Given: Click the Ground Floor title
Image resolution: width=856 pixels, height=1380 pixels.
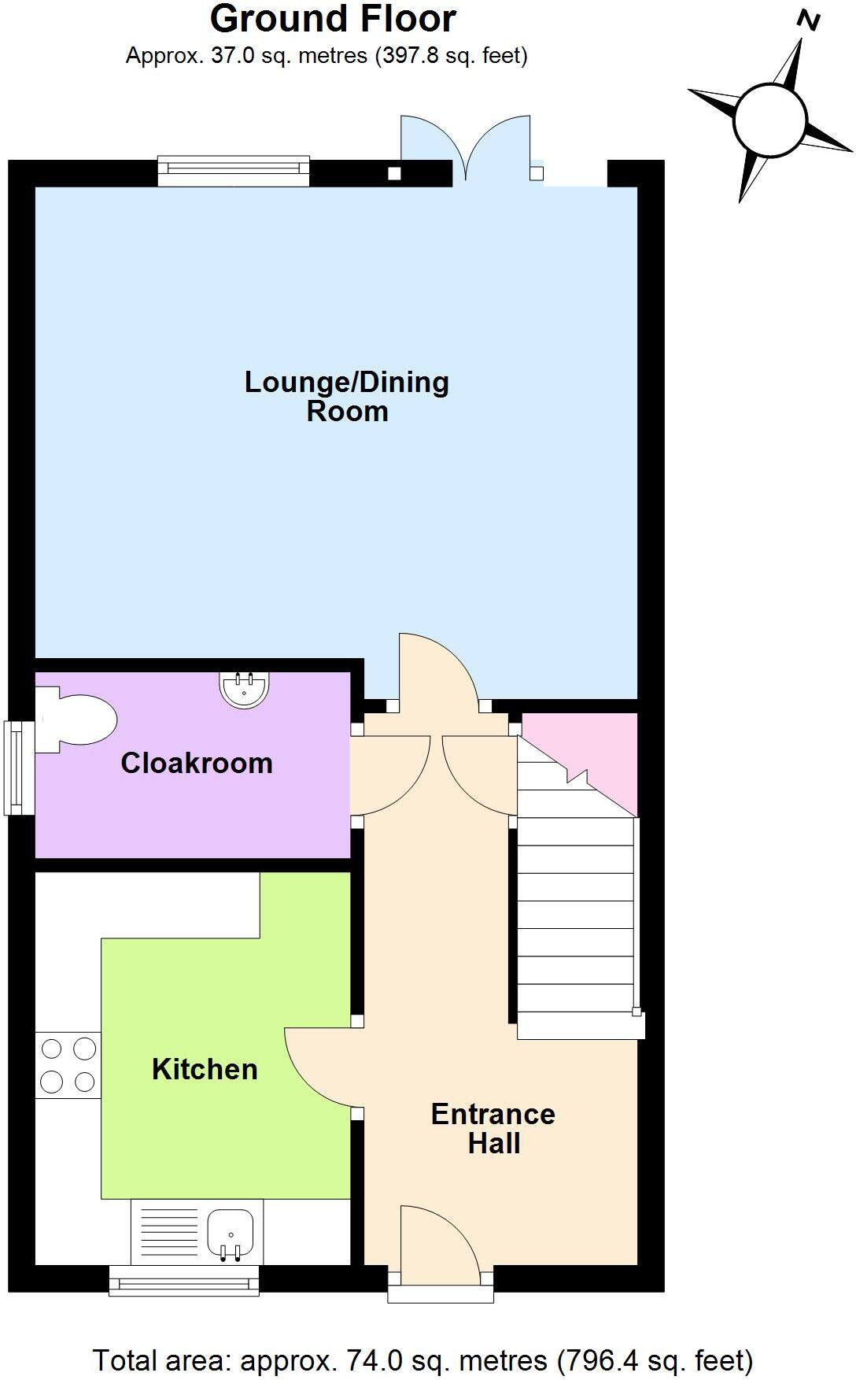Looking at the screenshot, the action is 333,19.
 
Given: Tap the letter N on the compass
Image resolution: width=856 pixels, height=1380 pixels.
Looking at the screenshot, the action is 808,20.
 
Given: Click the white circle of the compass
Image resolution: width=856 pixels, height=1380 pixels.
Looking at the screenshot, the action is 770,121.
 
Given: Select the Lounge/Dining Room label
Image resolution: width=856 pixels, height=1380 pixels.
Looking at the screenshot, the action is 347,396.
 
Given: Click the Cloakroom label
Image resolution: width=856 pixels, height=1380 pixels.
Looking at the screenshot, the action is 197,763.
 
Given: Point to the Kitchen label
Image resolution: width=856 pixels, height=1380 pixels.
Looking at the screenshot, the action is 205,1069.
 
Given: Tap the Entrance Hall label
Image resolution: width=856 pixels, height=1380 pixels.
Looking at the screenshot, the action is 493,1128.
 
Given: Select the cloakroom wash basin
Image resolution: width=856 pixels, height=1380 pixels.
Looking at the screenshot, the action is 244,688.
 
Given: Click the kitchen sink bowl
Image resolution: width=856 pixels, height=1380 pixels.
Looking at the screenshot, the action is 230,1233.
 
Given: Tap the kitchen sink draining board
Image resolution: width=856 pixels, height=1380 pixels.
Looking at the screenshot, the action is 169,1234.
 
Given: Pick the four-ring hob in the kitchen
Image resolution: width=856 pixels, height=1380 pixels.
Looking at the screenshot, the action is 68,1065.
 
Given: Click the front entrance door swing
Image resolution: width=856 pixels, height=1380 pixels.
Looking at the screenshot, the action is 440,1236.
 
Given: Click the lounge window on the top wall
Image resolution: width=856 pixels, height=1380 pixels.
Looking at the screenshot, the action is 234,171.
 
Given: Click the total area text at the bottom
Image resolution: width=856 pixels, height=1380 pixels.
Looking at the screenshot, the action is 423,1360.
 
